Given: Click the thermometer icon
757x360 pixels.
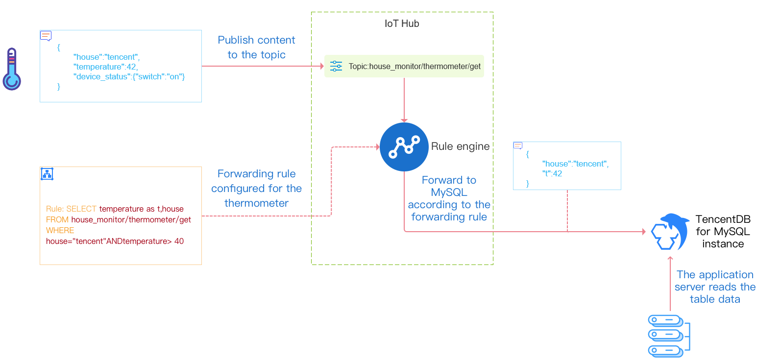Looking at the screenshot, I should [12, 69].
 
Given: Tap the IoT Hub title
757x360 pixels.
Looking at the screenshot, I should [402, 24].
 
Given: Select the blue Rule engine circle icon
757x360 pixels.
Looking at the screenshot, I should [404, 147].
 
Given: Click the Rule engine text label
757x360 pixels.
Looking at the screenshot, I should [460, 146].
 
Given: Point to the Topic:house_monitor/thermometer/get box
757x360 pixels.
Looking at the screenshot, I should [404, 66].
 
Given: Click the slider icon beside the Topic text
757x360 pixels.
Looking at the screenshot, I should [337, 66].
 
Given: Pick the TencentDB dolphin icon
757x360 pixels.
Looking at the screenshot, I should [668, 232].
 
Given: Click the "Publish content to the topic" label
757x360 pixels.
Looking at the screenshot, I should [256, 48].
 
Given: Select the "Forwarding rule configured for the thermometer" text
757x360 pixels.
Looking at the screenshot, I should [256, 189].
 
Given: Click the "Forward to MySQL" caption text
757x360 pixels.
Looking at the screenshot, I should [449, 198].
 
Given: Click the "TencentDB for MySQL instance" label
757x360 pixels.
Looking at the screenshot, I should [723, 232].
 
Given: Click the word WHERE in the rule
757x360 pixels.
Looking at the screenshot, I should [60, 230].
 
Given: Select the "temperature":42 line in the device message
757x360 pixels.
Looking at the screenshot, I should [106, 67].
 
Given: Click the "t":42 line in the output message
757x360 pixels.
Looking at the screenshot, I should [552, 173].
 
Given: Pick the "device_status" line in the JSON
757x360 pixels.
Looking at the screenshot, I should [129, 77].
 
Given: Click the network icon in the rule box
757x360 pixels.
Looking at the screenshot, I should [47, 174].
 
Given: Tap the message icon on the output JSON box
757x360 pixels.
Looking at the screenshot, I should [518, 145].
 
